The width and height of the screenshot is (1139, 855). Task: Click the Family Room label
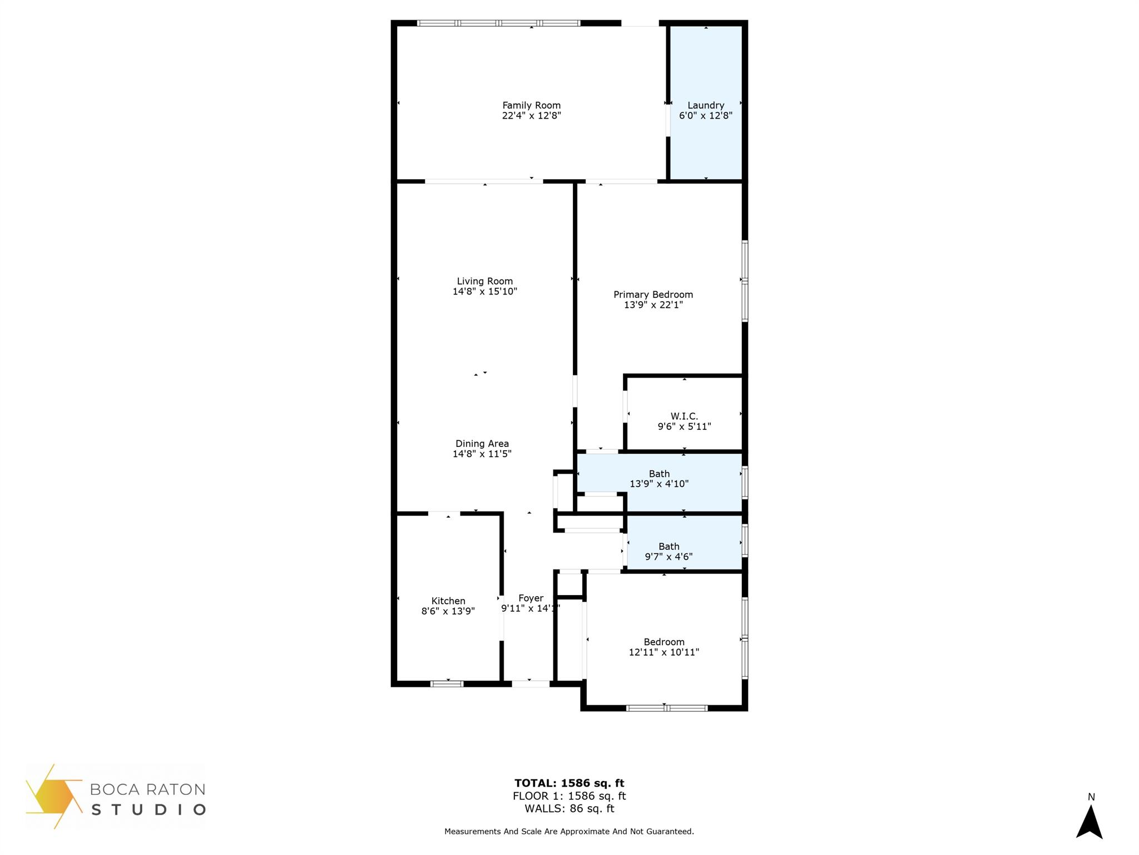531,105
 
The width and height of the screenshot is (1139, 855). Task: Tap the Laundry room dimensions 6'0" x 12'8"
706,116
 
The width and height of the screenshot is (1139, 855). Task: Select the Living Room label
485,281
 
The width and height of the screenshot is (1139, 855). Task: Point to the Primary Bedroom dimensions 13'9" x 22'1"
653,305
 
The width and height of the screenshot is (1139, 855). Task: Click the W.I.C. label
684,416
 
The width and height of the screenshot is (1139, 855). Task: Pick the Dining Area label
482,444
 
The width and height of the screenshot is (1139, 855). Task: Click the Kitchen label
448,601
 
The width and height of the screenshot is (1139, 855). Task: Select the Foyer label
531,598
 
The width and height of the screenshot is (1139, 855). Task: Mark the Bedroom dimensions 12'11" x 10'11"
664,652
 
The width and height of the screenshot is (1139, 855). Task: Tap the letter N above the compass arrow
1091,797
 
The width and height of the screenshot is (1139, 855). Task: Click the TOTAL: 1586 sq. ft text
569,783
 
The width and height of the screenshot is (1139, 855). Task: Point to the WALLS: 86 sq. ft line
569,809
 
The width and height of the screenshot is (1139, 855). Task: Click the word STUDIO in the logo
148,809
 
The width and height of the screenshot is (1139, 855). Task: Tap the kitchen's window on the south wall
447,684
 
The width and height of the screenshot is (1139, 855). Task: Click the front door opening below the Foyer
531,684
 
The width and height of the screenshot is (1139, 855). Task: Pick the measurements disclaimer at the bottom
569,832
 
